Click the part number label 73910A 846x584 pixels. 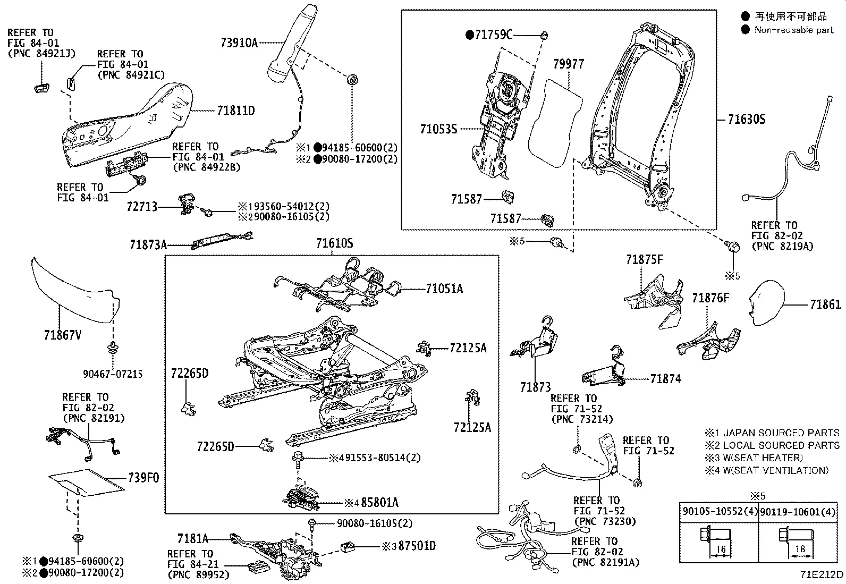point(239,43)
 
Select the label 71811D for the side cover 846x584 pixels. point(236,111)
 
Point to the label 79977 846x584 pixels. point(568,64)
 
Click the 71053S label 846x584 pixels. point(438,129)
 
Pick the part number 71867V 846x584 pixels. point(63,335)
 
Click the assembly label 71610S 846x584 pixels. point(334,243)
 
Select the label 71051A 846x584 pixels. point(444,289)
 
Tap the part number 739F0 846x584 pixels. point(143,478)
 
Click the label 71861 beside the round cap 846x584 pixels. point(825,304)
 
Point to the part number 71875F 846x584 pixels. point(644,259)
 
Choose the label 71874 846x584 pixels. point(665,379)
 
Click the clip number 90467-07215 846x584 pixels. point(113,374)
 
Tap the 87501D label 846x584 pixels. point(417,546)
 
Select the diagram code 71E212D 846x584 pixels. point(822,575)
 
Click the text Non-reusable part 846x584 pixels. point(794,30)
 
